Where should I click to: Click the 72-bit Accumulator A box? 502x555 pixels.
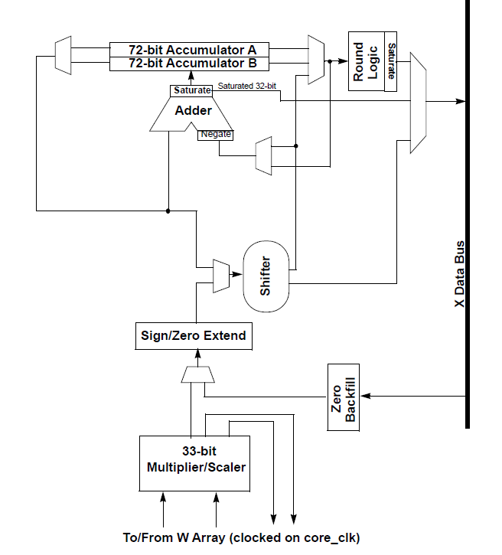192,48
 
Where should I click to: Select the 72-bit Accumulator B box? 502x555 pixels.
192,63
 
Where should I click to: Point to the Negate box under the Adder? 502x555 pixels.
215,135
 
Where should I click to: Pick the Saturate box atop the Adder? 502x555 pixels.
191,90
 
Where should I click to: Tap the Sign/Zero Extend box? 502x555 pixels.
194,335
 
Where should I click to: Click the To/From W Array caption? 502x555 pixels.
241,537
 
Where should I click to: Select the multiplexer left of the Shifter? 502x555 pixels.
220,275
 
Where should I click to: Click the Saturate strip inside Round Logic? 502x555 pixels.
391,61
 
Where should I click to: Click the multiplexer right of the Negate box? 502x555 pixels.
263,155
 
